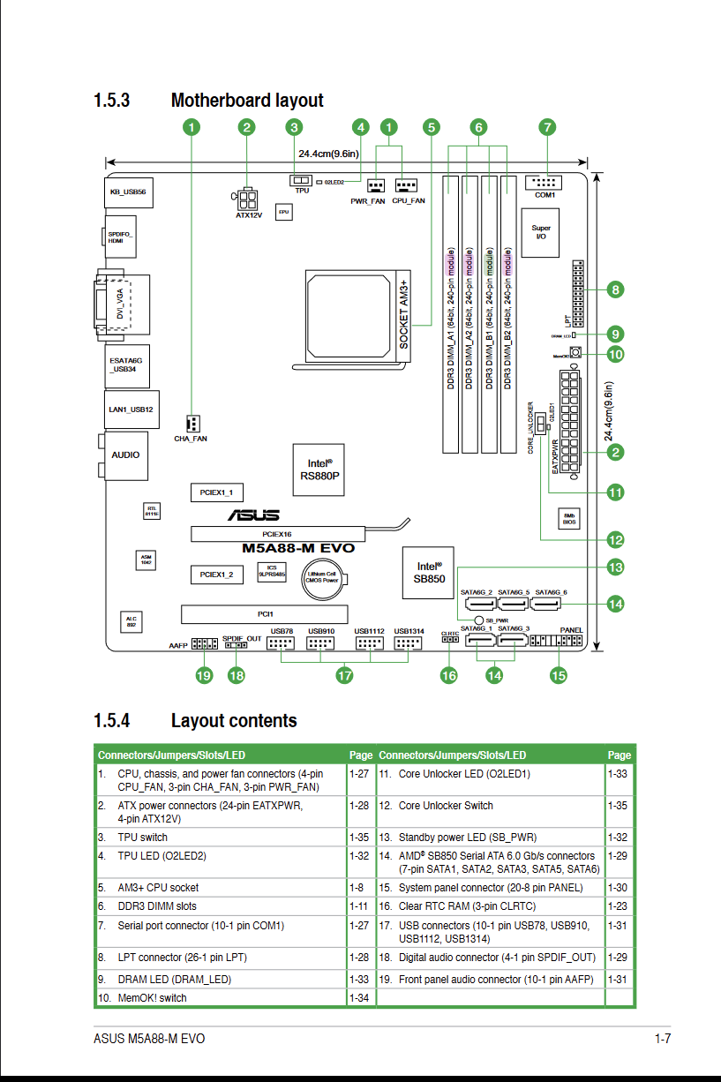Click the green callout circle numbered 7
coord(547,127)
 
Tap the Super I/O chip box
coord(541,233)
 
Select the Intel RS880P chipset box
coord(319,469)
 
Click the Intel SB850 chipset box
coord(430,573)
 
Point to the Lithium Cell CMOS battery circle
coord(322,577)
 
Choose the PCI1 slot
coord(265,613)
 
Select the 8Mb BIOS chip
coord(569,518)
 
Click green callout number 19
coord(204,676)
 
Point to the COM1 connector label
coord(545,194)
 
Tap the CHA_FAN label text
coord(191,439)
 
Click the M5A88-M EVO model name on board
coord(298,548)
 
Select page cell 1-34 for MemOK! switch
coord(359,998)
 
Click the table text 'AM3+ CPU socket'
coord(158,888)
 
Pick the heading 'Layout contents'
coord(234,721)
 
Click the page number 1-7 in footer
coord(663,1039)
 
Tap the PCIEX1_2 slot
coord(216,575)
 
